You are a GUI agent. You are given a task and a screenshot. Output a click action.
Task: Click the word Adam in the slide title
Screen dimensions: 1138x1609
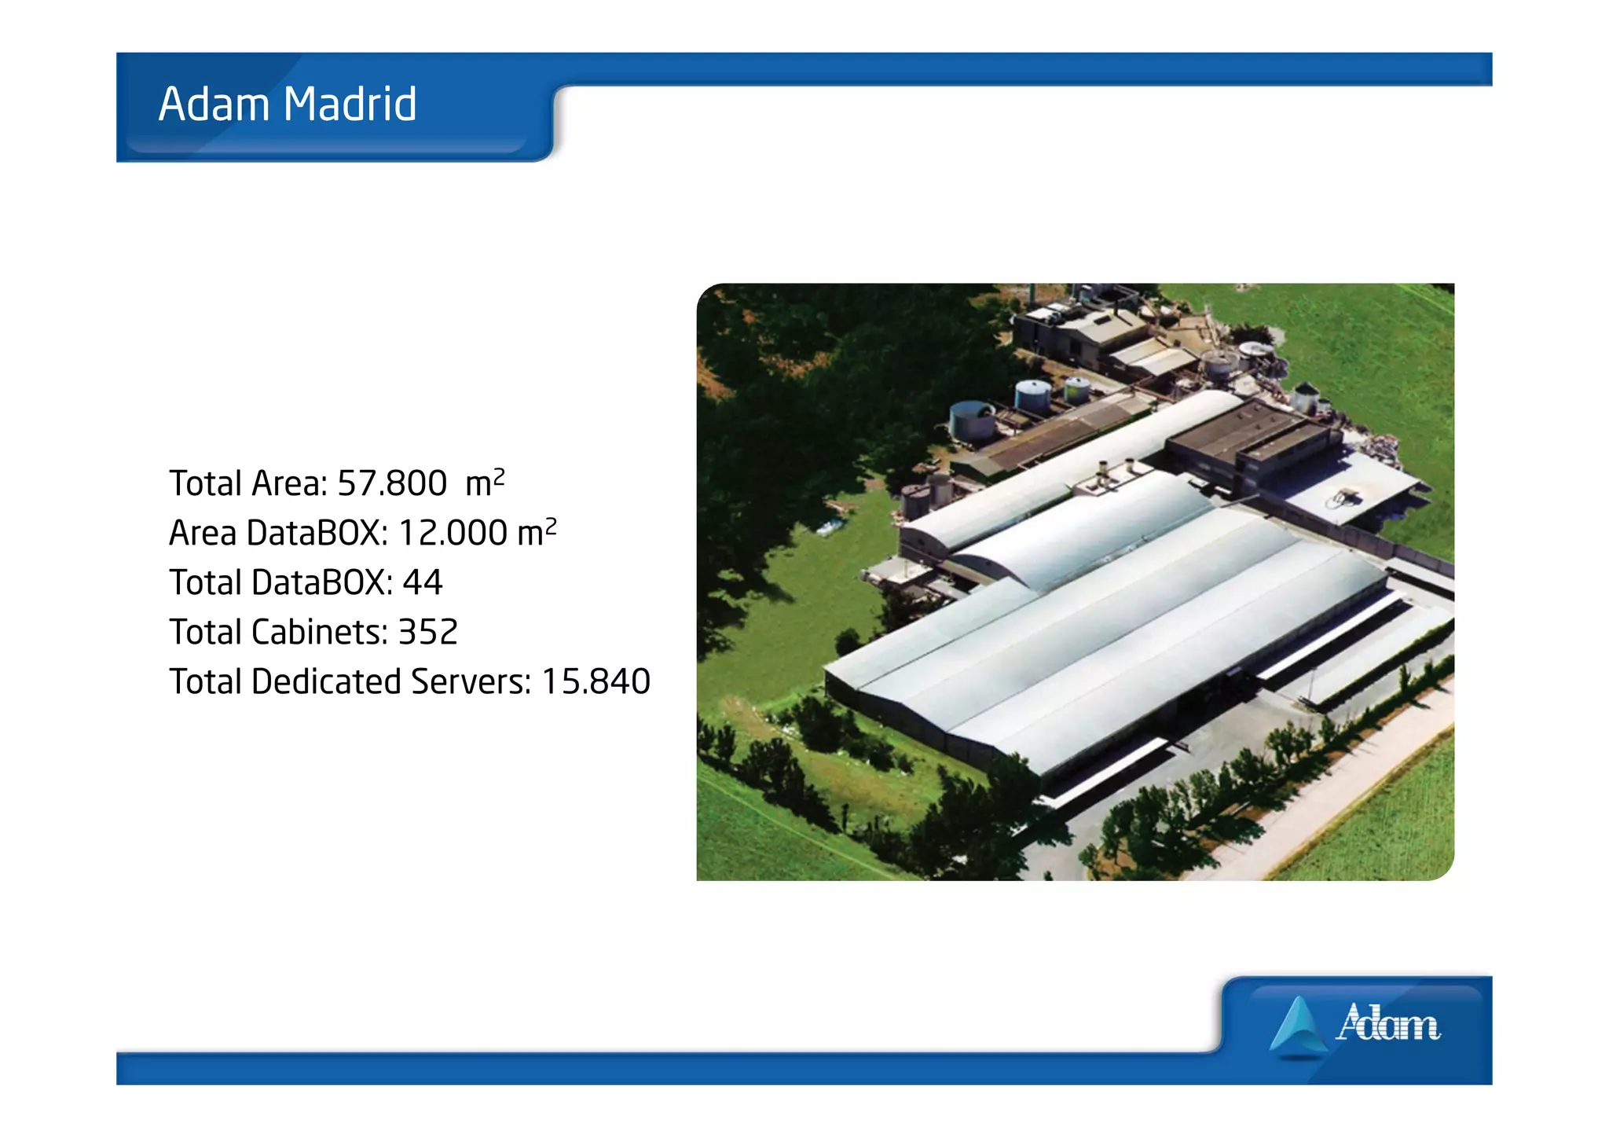pyautogui.click(x=214, y=105)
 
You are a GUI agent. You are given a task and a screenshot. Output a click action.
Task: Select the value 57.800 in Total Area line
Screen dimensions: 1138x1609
pyautogui.click(x=391, y=483)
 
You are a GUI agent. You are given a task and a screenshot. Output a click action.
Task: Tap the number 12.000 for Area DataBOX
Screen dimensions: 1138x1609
pyautogui.click(x=453, y=534)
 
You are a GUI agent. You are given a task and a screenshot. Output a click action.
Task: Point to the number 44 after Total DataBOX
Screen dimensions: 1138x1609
pyautogui.click(x=423, y=583)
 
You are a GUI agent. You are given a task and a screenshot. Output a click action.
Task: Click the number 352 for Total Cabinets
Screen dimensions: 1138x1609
pyautogui.click(x=428, y=633)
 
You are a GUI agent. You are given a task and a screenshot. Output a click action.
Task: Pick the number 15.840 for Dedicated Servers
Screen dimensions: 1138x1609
pyautogui.click(x=596, y=682)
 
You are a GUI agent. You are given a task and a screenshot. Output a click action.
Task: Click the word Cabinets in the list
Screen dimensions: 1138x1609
pyautogui.click(x=319, y=633)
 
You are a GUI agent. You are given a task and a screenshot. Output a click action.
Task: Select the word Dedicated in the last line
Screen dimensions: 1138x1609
pyautogui.click(x=326, y=682)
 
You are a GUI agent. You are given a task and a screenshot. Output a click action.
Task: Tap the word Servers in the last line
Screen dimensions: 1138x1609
pyautogui.click(x=471, y=682)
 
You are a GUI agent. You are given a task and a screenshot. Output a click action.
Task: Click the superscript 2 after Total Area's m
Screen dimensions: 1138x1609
pyautogui.click(x=499, y=475)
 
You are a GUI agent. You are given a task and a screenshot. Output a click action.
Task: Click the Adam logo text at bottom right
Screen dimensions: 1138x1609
pyautogui.click(x=1388, y=1024)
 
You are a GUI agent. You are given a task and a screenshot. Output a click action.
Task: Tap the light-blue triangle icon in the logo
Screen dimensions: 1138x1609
pyautogui.click(x=1298, y=1026)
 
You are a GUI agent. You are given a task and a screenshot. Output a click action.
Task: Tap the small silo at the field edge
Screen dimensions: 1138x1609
pyautogui.click(x=1305, y=397)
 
